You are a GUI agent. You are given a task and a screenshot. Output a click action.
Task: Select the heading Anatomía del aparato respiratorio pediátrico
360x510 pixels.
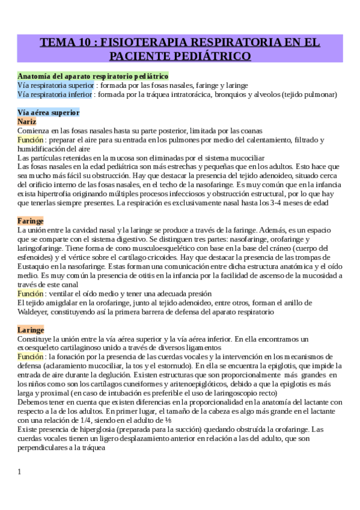point(93,76)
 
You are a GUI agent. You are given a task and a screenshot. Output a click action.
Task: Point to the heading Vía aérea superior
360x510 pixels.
point(48,112)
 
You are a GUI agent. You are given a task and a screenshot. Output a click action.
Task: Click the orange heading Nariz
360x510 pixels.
point(28,121)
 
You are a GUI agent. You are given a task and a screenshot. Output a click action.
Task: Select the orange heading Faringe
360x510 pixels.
point(31,221)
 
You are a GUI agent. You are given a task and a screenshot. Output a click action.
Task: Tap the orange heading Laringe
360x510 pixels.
point(31,330)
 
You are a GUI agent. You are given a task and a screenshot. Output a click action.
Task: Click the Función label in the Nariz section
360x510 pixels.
point(31,140)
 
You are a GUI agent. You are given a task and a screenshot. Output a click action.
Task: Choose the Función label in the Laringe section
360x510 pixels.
point(31,357)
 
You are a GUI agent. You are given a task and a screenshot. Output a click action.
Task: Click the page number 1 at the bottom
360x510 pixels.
point(20,472)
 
